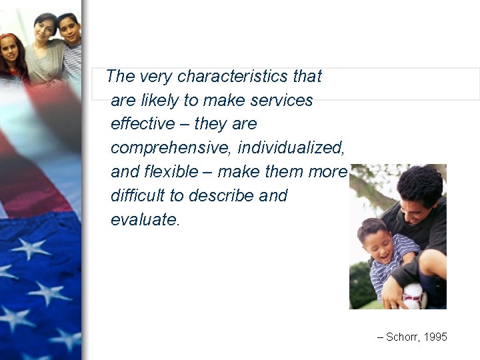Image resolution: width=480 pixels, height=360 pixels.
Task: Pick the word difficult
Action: pos(145,196)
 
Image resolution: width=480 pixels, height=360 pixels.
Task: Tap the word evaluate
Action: pos(145,220)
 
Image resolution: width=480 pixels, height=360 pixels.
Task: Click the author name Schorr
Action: pos(402,337)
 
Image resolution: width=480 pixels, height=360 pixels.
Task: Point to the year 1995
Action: pos(435,337)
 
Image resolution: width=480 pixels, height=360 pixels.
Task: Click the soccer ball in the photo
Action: pos(414,296)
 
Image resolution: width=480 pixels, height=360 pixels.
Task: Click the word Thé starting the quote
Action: pos(120,76)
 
